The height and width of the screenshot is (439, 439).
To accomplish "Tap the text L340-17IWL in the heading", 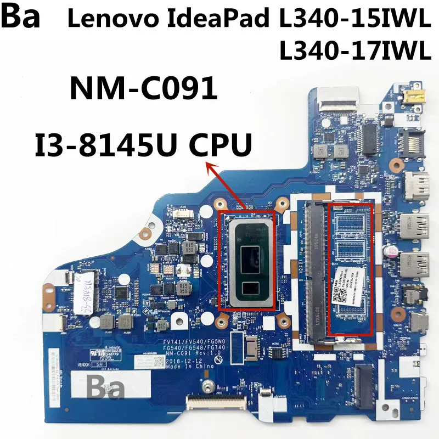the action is pos(353,52).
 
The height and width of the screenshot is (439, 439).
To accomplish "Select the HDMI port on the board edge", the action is pos(417,187).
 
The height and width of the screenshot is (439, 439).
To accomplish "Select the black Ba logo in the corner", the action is pos(20,16).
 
